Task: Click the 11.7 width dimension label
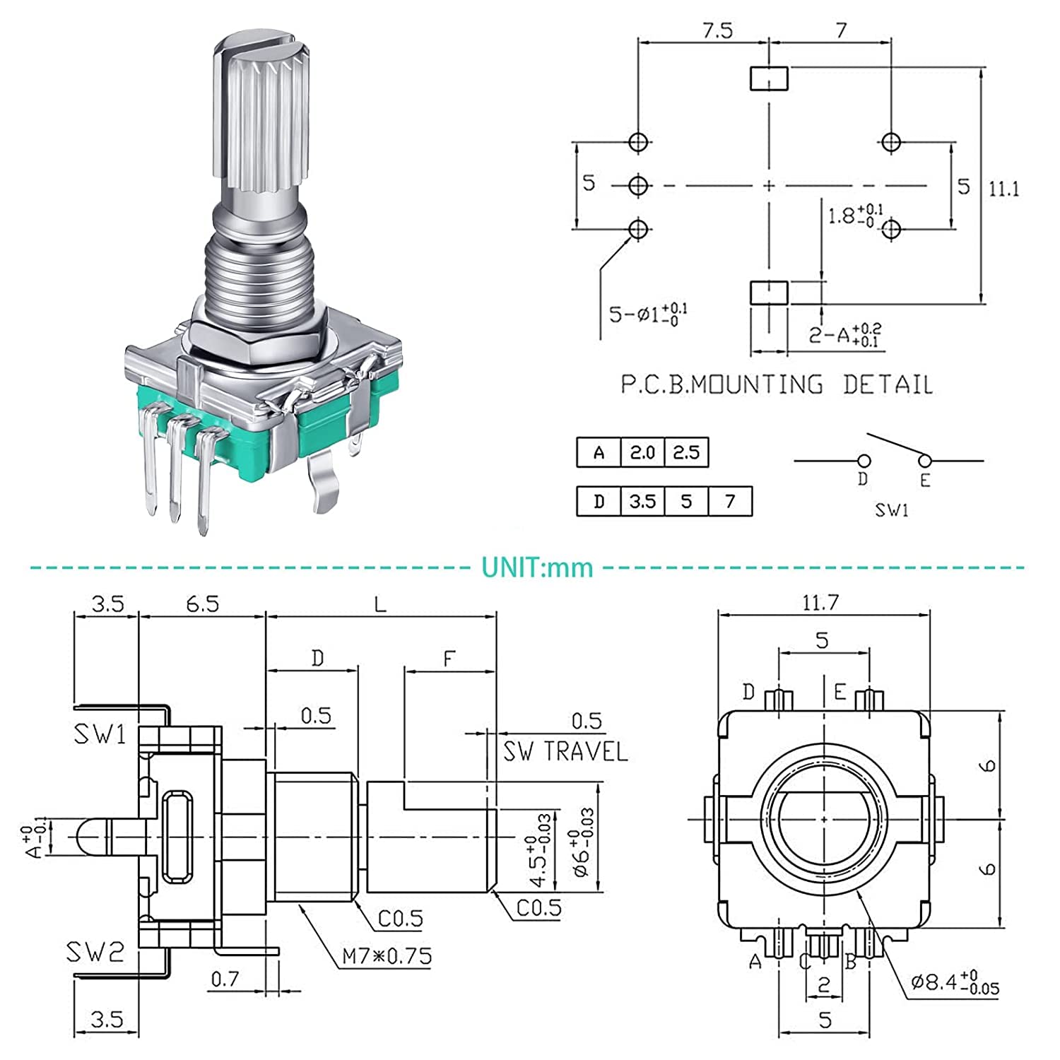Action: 820,603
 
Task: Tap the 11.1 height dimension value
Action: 1003,189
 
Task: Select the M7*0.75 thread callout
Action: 387,956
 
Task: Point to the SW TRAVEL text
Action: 565,751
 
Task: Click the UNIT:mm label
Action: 537,567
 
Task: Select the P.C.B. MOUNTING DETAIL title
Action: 777,384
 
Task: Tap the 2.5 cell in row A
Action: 686,452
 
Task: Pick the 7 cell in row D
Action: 730,501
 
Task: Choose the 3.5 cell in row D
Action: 642,501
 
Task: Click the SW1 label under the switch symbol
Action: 892,510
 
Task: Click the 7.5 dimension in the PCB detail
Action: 717,31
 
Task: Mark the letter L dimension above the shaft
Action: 380,604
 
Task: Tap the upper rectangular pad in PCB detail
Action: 768,78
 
